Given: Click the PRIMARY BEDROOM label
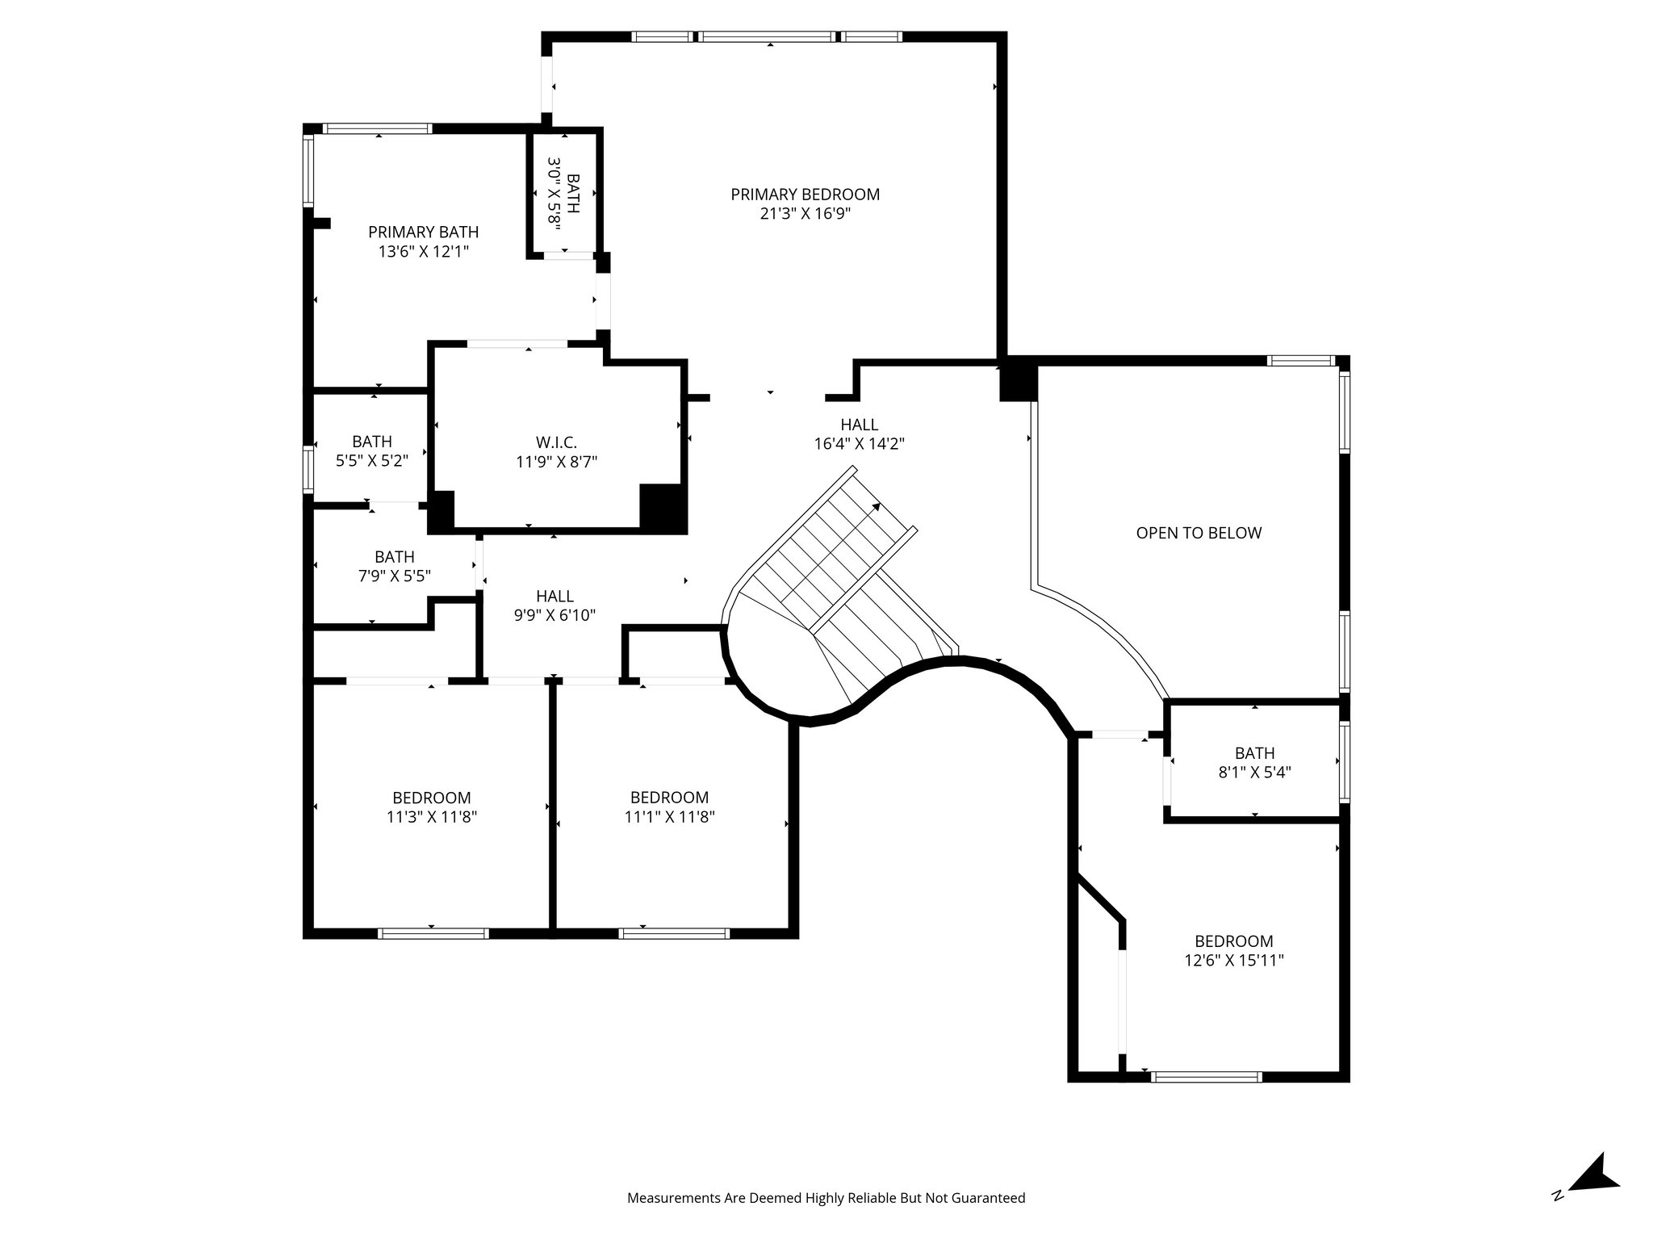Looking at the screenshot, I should pos(805,195).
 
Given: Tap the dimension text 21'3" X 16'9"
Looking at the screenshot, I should pos(805,214).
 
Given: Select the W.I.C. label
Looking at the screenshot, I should pos(556,442).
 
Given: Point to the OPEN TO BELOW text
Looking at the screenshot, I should pos(1199,533).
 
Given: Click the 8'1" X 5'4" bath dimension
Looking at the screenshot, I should pos(1254,772).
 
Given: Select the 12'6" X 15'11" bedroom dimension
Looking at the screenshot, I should pos(1233,961).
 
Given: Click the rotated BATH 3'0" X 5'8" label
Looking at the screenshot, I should pos(563,194).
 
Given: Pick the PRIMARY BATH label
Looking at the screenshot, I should pos(423,232).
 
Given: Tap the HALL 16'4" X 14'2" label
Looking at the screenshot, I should pos(859,434).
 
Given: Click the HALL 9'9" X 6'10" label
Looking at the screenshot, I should pos(554,605).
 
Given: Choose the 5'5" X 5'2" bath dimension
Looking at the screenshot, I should pos(372,461).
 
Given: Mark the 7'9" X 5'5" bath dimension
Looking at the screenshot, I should pos(394,576).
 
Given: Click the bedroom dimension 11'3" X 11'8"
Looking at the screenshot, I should pos(432,817).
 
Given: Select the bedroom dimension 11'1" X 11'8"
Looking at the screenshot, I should pos(669,817).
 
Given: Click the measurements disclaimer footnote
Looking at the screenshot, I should pos(826,1198).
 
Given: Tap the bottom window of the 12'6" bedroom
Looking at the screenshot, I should pos(1206,1076).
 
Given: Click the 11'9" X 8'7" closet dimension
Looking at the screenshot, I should pos(556,462).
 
